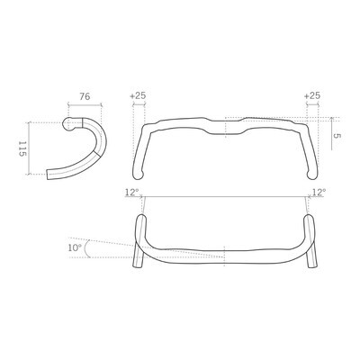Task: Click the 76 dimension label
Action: click(85, 96)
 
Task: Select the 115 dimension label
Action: click(22, 149)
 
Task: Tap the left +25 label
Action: click(138, 95)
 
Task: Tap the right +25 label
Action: click(312, 95)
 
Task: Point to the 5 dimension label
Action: click(337, 136)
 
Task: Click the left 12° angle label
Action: click(131, 192)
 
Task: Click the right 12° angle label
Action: click(319, 192)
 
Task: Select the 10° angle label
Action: click(75, 247)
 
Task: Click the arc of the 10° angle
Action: click(87, 248)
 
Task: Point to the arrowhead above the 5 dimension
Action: click(331, 119)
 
